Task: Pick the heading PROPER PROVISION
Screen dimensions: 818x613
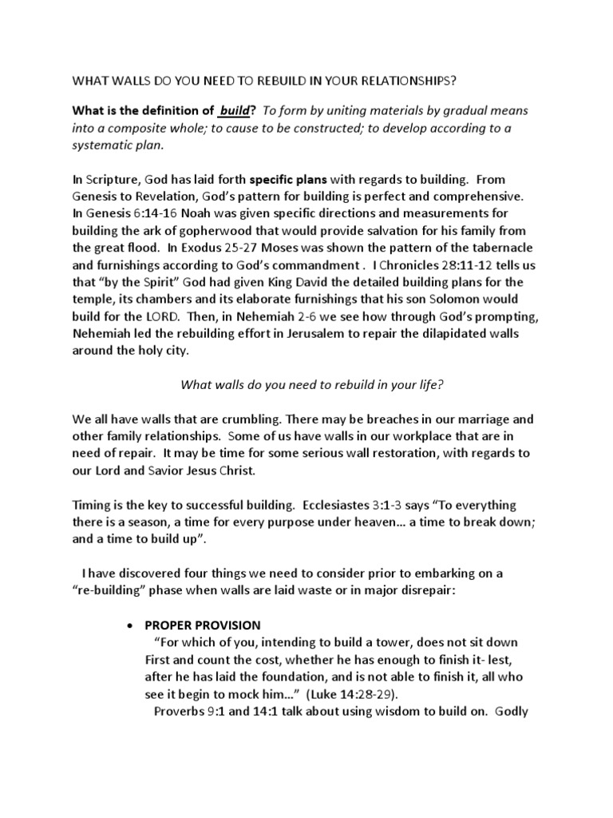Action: [203, 625]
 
